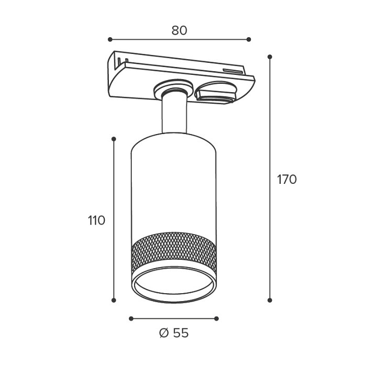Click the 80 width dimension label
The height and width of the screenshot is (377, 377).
[x=180, y=30]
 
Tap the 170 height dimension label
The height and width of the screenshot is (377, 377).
[x=287, y=180]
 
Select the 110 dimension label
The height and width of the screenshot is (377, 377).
[x=97, y=220]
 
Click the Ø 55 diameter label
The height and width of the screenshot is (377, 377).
[x=174, y=333]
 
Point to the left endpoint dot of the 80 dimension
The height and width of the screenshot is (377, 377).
[x=110, y=39]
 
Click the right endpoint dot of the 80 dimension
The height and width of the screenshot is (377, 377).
[x=249, y=39]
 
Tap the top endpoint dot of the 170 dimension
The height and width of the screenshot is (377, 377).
[x=270, y=57]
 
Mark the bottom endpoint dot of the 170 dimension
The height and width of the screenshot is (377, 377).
[x=270, y=300]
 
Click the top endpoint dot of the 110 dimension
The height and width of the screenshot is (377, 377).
[x=114, y=139]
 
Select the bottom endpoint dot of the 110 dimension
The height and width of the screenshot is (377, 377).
[x=114, y=300]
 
